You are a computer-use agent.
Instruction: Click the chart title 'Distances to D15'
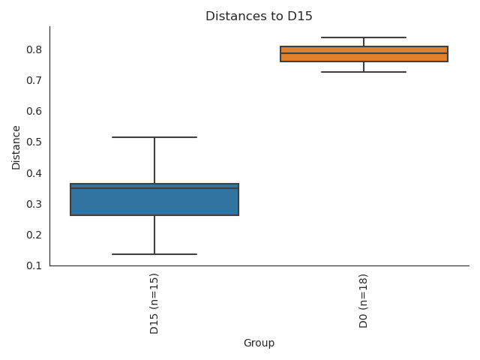tap(259, 16)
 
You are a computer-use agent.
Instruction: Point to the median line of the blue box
tap(154, 188)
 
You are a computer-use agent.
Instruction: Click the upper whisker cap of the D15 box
tap(154, 137)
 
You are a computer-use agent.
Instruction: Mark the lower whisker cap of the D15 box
tap(154, 254)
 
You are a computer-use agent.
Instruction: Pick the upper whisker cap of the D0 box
tap(364, 37)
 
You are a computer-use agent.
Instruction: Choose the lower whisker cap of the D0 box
tap(364, 72)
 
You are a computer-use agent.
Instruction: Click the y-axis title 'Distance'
tap(16, 147)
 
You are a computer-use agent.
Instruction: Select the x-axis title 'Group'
tap(259, 343)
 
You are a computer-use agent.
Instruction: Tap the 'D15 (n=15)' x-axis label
tap(154, 303)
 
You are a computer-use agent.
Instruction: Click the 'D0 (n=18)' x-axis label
tap(364, 301)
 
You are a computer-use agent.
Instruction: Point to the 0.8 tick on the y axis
tap(34, 49)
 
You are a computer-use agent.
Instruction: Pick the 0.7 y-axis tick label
tap(34, 80)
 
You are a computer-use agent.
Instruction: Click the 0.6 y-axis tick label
tap(34, 111)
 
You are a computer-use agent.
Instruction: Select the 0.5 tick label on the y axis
tap(34, 142)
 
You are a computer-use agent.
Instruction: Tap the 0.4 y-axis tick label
tap(34, 173)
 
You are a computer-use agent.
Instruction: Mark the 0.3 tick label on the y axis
tap(34, 204)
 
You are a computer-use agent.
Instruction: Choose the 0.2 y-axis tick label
tap(34, 235)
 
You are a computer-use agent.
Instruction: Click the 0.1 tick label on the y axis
tap(34, 265)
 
